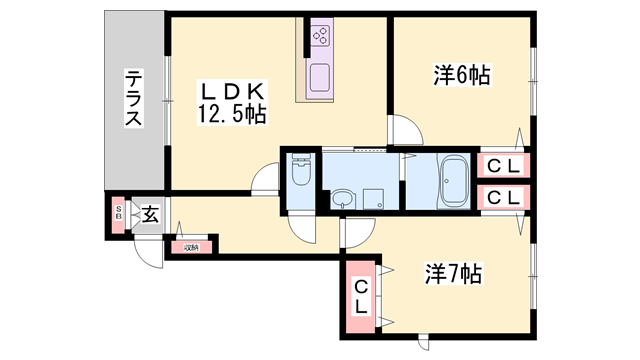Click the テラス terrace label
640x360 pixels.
coord(134,98)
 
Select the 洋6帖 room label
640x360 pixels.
coord(461,74)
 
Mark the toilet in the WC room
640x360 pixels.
coord(300,176)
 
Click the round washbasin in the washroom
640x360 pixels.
coord(343,197)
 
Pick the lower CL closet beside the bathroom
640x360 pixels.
coord(503,197)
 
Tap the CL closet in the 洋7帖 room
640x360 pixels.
coord(361,298)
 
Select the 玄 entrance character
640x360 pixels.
coord(149,214)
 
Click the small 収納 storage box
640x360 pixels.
coord(190,246)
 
